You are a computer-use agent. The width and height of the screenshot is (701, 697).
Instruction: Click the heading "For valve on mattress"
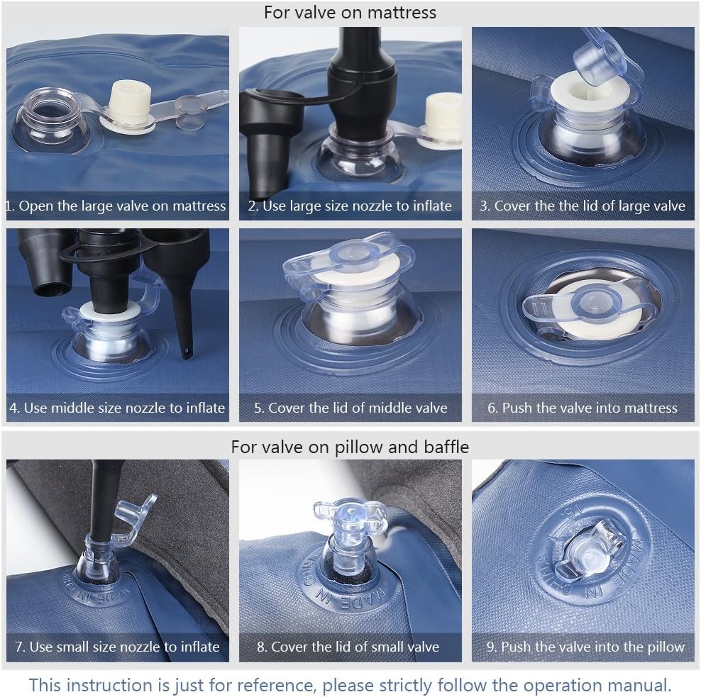pos(350,13)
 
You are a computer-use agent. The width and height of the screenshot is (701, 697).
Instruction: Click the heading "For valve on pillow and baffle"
pos(350,447)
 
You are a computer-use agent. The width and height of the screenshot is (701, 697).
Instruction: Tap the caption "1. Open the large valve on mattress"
pos(116,206)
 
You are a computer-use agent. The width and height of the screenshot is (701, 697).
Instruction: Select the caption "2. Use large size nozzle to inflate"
pos(350,206)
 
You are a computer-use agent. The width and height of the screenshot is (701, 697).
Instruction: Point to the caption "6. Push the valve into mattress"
pos(583,408)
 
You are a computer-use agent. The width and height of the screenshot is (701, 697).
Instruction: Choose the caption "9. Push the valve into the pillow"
pos(585,647)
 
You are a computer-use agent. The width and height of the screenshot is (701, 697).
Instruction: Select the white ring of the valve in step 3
pos(590,95)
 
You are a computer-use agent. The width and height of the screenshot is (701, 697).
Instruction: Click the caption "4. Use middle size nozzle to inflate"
pos(117,408)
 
